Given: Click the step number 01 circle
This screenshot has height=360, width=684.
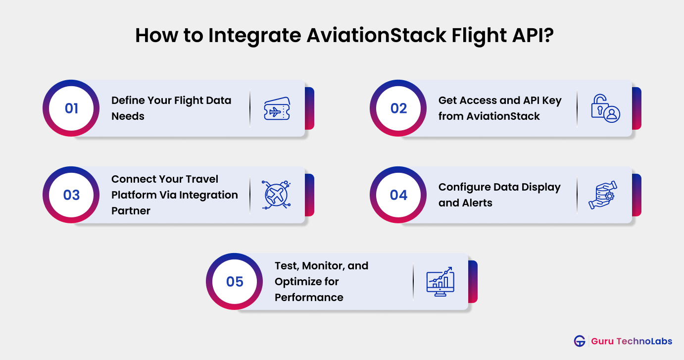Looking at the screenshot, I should click(x=71, y=108).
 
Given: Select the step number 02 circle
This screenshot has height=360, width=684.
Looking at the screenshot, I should click(x=398, y=108).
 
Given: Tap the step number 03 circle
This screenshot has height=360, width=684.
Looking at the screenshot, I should click(x=71, y=195).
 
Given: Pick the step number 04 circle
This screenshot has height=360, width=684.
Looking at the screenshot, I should click(x=398, y=195).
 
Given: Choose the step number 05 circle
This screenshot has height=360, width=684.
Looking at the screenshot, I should click(x=235, y=282).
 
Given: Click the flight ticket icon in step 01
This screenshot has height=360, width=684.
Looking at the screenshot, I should click(x=277, y=108).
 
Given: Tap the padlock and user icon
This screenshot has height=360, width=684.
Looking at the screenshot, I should click(x=605, y=108).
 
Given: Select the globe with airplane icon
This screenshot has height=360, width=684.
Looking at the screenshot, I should click(x=277, y=195).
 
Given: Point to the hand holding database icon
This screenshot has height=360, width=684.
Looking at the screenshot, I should click(x=603, y=195).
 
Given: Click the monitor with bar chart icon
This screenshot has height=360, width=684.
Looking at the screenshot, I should click(x=440, y=282).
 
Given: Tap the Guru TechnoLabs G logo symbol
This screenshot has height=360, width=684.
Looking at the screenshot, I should click(x=580, y=341).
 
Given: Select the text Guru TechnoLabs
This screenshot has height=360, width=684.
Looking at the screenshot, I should click(x=632, y=341).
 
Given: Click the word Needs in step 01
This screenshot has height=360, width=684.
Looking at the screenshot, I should click(x=128, y=116).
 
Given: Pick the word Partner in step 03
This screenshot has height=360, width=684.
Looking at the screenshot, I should click(x=131, y=211).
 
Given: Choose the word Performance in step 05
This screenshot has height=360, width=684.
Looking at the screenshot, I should click(x=309, y=298).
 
